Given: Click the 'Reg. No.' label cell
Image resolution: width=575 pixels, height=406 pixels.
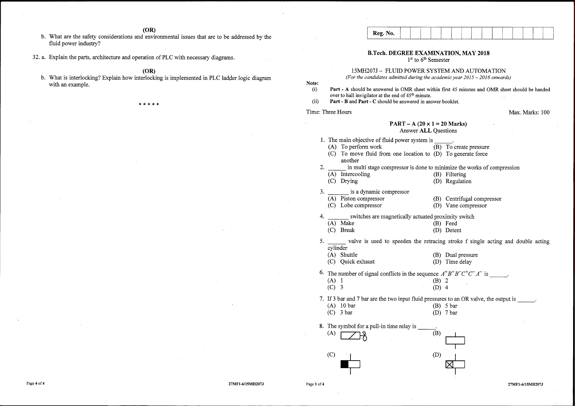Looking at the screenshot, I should (383, 33).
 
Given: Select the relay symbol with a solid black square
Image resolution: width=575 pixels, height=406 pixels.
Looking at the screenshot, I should (350, 364).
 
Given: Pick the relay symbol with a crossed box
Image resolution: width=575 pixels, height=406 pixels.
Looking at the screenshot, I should (455, 365).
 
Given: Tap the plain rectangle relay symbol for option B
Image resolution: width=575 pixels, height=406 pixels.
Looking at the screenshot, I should (455, 340).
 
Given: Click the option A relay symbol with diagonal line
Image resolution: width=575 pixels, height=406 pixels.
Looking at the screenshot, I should (353, 336).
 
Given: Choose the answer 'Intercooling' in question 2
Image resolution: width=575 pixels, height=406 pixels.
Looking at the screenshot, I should (355, 174).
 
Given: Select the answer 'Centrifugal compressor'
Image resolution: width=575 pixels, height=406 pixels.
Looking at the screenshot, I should (473, 199).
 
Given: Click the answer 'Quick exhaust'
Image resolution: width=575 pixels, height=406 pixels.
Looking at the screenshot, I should (357, 261).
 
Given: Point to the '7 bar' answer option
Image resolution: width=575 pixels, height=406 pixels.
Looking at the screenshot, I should (451, 313).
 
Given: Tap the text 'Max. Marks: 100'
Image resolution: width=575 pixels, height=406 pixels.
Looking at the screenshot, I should (529, 112).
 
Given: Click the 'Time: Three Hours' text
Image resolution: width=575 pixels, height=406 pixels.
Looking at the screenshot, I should (329, 112).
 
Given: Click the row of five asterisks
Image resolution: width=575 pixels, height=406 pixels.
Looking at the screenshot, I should (149, 104).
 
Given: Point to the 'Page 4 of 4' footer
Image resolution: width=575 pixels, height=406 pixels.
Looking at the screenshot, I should (35, 383).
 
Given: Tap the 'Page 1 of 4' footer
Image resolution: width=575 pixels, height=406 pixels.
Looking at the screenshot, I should (315, 384).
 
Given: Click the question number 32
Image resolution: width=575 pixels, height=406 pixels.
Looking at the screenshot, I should (36, 57).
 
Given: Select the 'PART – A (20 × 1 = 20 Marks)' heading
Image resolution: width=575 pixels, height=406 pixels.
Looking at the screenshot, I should (428, 124).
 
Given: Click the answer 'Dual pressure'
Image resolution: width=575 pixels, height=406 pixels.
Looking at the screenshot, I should (461, 255).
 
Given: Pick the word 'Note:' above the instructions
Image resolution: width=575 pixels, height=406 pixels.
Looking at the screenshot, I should (312, 83).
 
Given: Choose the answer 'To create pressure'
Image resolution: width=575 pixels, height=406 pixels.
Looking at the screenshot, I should (467, 147).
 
